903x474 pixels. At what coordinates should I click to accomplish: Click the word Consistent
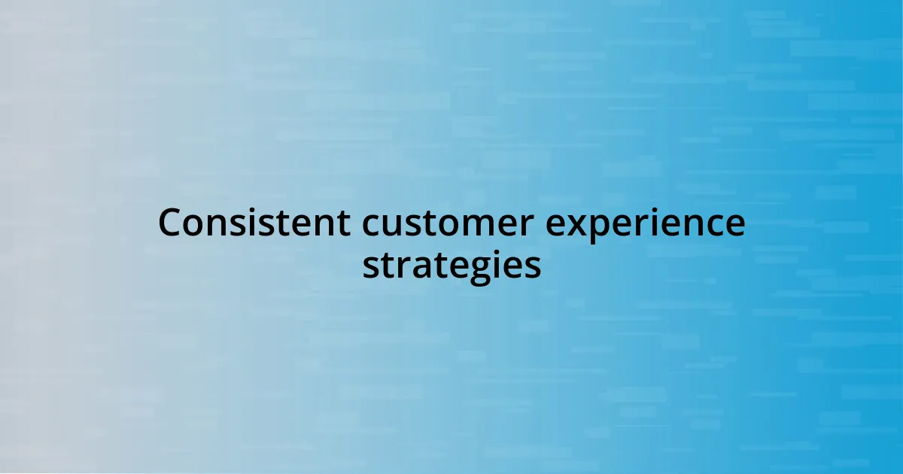pos(254,222)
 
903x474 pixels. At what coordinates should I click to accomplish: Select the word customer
pos(448,223)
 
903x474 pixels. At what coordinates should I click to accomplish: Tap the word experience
pos(645,225)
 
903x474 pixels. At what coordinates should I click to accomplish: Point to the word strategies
pos(451,266)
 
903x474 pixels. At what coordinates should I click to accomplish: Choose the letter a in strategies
pos(424,268)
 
